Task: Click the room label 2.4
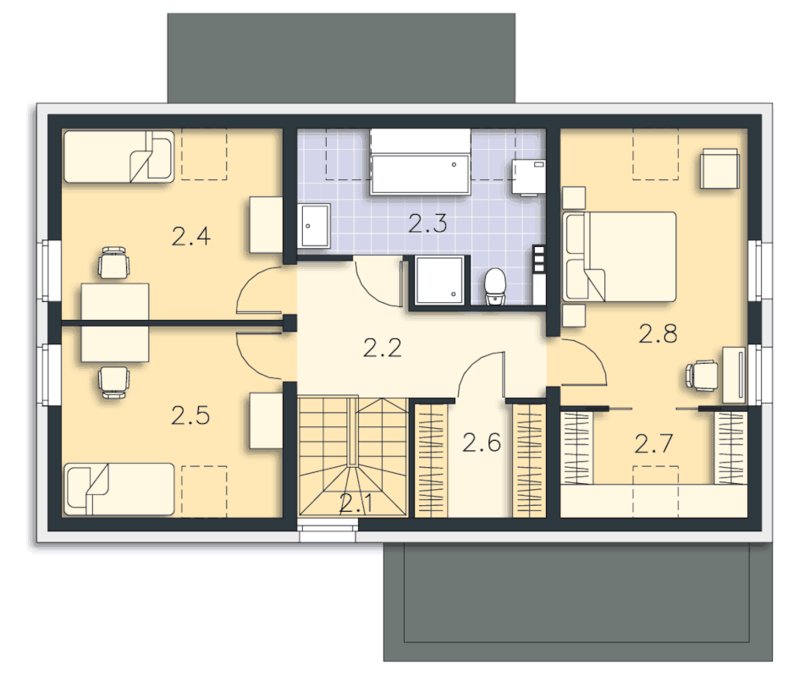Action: click(191, 237)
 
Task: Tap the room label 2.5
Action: click(190, 415)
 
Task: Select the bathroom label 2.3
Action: click(427, 223)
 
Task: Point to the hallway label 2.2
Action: click(383, 348)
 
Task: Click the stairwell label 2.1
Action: click(356, 503)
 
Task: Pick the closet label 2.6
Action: click(482, 442)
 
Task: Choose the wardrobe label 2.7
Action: click(653, 443)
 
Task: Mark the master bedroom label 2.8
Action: click(658, 333)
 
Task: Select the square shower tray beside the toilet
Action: click(439, 281)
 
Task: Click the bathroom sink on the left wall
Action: click(314, 226)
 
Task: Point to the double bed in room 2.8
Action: click(619, 256)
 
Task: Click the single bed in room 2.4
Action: click(118, 157)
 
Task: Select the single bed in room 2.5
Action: click(119, 489)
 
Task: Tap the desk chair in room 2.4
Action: click(113, 263)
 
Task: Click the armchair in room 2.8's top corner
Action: click(719, 169)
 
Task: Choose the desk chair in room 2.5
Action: click(113, 382)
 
